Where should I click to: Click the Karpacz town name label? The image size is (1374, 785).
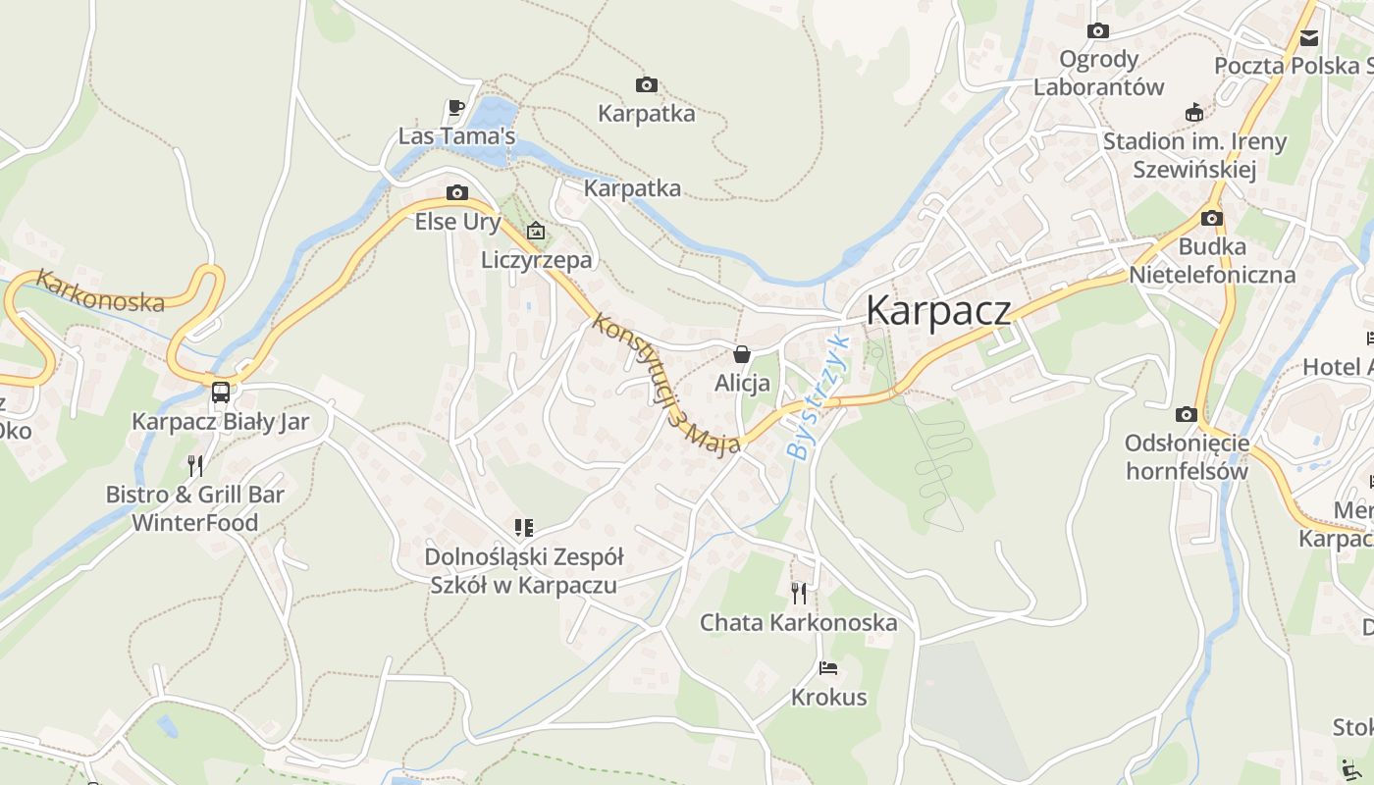(937, 310)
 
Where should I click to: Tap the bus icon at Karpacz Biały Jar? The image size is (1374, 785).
(221, 392)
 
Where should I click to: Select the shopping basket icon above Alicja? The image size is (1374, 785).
(742, 354)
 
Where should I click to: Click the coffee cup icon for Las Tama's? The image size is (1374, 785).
(455, 107)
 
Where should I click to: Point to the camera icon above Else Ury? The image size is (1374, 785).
(457, 192)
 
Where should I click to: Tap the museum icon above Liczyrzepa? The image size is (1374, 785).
(536, 232)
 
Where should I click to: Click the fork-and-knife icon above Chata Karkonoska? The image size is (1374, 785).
(799, 593)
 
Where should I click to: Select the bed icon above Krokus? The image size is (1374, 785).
(828, 668)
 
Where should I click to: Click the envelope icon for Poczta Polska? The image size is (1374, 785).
(1309, 38)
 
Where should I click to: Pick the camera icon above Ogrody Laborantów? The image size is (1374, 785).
(1098, 31)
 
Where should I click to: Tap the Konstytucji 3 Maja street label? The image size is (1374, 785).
(665, 384)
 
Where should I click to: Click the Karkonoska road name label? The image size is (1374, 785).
(100, 292)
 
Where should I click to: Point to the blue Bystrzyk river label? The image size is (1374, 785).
(817, 397)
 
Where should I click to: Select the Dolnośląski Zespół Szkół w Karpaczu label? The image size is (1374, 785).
(524, 571)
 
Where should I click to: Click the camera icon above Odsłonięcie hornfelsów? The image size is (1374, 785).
(1186, 414)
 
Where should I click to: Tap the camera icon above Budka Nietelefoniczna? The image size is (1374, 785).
(1212, 218)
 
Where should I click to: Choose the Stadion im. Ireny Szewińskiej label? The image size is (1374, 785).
(1194, 155)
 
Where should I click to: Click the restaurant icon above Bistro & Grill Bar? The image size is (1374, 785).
(195, 465)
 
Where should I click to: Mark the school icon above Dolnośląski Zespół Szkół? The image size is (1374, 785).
(524, 528)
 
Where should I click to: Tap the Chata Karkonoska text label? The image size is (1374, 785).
(798, 622)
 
